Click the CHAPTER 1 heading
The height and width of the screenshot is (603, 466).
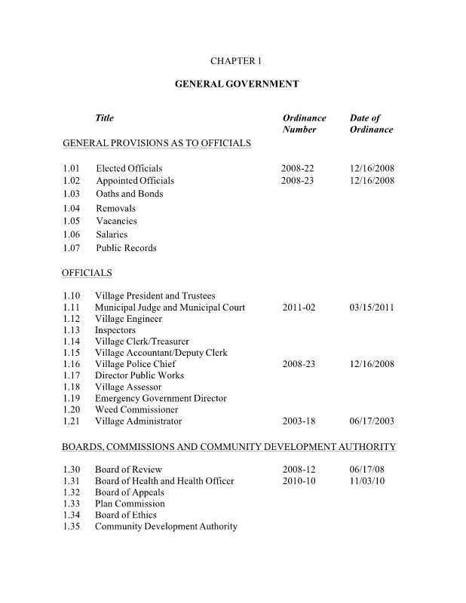[x=237, y=60]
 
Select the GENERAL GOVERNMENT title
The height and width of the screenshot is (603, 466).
[x=237, y=84]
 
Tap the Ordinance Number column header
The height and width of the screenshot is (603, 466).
[x=304, y=124]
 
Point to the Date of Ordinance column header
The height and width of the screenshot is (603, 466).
[x=371, y=124]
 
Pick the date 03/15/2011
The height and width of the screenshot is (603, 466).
[x=372, y=308]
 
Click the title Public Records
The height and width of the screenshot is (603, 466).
[x=126, y=248]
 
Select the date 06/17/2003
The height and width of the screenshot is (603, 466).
[x=372, y=421]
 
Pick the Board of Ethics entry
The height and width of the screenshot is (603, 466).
[x=126, y=515]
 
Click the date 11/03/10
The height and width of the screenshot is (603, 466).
[x=367, y=481]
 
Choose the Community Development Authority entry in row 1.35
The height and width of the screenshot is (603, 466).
[x=166, y=526]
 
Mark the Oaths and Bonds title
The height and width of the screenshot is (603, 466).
[x=129, y=194]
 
